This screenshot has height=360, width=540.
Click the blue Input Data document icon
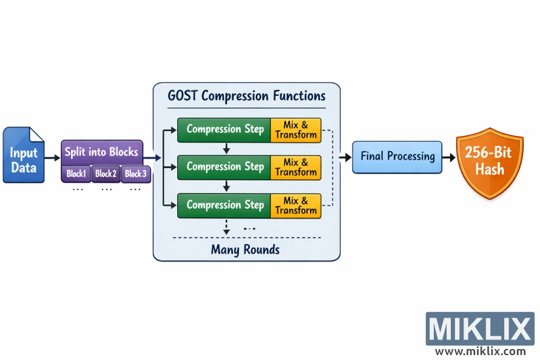pyautogui.click(x=24, y=155)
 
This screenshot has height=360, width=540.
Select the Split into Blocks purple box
pyautogui.click(x=101, y=152)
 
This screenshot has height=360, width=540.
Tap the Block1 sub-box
pyautogui.click(x=76, y=174)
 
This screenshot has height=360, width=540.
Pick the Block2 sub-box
pyautogui.click(x=106, y=174)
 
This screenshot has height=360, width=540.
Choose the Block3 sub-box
pyautogui.click(x=135, y=174)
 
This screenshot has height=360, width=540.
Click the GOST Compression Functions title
pyautogui.click(x=246, y=96)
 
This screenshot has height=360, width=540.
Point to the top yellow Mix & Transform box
pyautogui.click(x=295, y=129)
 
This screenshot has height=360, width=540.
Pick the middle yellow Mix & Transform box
pyautogui.click(x=295, y=167)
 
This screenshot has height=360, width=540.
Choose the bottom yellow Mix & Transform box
pyautogui.click(x=295, y=205)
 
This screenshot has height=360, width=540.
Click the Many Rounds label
pyautogui.click(x=245, y=250)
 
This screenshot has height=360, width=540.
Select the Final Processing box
pyautogui.click(x=397, y=157)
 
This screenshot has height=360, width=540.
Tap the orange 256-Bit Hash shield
pyautogui.click(x=489, y=161)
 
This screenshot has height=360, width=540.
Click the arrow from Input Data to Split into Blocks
pyautogui.click(x=53, y=158)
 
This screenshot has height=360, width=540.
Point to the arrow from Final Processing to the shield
pyautogui.click(x=450, y=157)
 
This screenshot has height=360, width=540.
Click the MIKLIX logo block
pyautogui.click(x=480, y=328)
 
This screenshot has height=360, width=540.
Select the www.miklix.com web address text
pyautogui.click(x=480, y=351)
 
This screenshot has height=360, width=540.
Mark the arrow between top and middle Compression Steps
pyautogui.click(x=226, y=148)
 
